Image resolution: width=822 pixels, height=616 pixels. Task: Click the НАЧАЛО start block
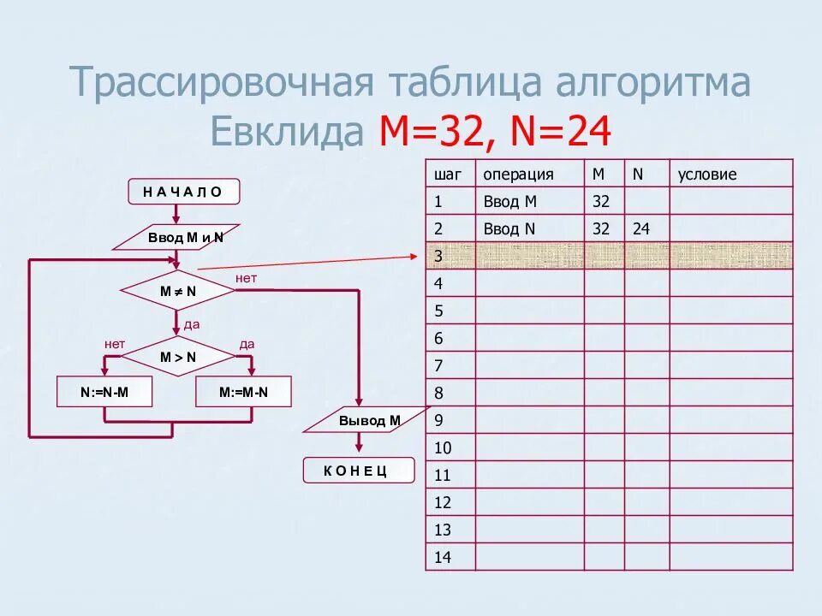(x=184, y=192)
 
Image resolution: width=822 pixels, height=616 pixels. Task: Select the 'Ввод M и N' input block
(x=185, y=237)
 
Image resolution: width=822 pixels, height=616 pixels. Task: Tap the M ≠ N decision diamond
(x=178, y=291)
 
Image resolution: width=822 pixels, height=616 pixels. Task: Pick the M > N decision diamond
(x=178, y=357)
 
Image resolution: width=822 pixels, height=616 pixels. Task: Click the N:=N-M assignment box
(x=104, y=392)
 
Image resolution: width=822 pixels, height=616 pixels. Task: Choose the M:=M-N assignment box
(x=243, y=392)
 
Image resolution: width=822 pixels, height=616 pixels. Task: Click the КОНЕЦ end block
(x=358, y=471)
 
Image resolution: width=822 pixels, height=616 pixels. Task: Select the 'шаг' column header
(x=448, y=175)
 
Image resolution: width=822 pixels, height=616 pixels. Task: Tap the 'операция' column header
(x=518, y=175)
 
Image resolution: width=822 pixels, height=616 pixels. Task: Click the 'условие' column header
(x=707, y=175)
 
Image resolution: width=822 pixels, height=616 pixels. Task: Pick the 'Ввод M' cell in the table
(x=510, y=202)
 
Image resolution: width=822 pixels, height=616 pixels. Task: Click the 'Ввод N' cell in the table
(x=510, y=229)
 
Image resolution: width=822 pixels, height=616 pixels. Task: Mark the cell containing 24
(x=641, y=229)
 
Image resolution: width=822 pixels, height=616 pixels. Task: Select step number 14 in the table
(x=443, y=558)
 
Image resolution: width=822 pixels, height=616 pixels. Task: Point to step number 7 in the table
(x=438, y=366)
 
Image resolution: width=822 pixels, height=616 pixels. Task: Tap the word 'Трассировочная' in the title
(x=223, y=83)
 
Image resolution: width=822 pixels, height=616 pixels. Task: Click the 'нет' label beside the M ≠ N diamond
(x=247, y=279)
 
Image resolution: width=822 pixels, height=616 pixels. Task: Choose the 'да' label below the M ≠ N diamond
(x=192, y=325)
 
